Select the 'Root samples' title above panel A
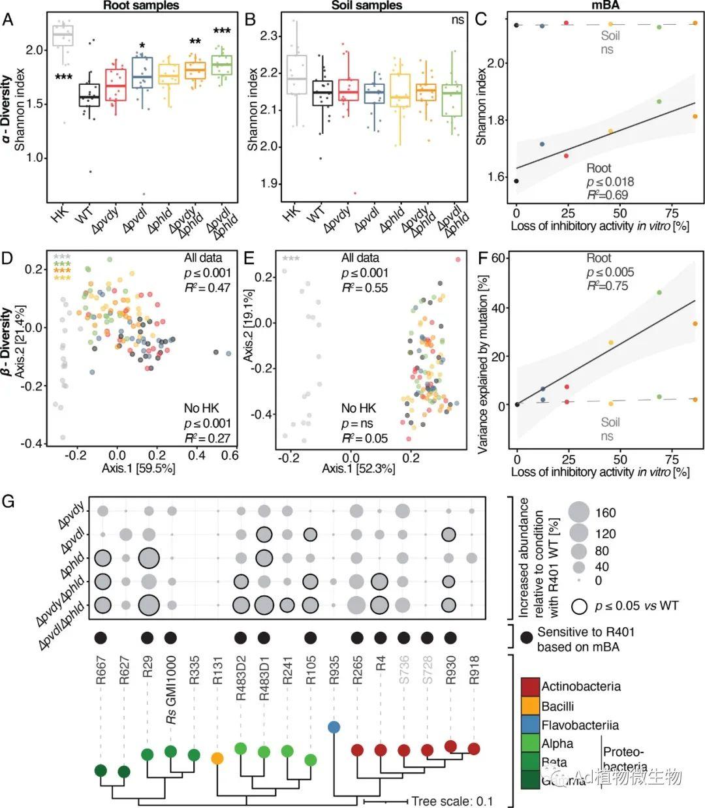141,5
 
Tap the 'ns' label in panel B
458,20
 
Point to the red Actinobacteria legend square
530,687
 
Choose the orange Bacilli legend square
530,706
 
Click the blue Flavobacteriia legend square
530,725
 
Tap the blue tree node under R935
334,727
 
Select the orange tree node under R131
217,758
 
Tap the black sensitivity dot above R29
148,638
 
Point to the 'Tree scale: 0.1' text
452,801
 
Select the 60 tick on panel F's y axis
500,258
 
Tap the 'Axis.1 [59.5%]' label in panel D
138,468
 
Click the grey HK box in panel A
63,35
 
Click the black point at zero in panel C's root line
516,181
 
